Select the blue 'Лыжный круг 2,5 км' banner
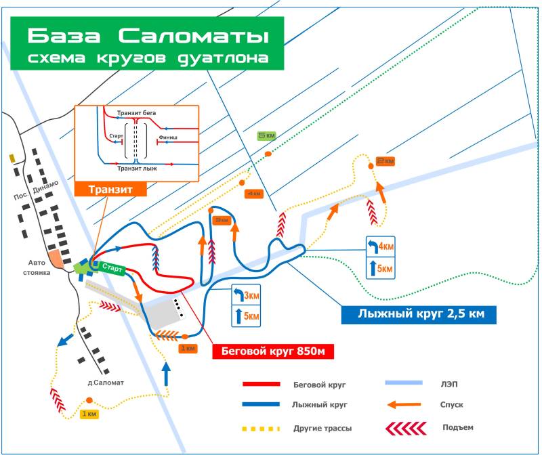point(417,313)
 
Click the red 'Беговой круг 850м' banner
point(274,351)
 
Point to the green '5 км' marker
point(266,135)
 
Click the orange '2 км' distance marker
point(385,161)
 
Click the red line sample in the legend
point(261,384)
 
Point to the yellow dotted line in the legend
point(261,428)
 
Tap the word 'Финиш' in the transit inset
point(168,137)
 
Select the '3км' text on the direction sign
point(251,296)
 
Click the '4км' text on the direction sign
point(385,246)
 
